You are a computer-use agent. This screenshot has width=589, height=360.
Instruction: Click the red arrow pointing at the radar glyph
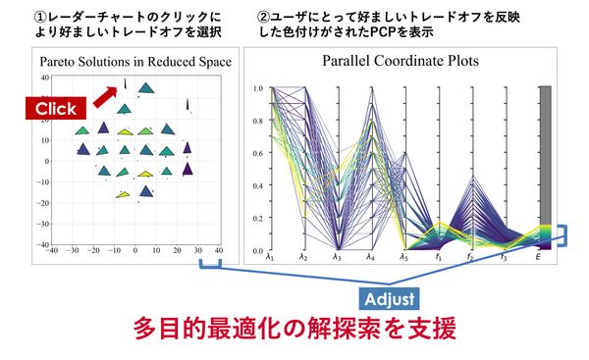point(104,96)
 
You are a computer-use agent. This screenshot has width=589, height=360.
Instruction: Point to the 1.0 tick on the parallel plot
point(258,87)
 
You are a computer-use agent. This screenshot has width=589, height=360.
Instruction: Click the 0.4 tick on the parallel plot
point(258,185)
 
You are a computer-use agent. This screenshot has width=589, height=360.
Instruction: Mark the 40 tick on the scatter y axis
point(44,77)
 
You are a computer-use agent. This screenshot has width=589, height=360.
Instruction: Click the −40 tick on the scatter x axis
point(52,251)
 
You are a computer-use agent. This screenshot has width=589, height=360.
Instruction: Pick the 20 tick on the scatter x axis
point(178,251)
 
